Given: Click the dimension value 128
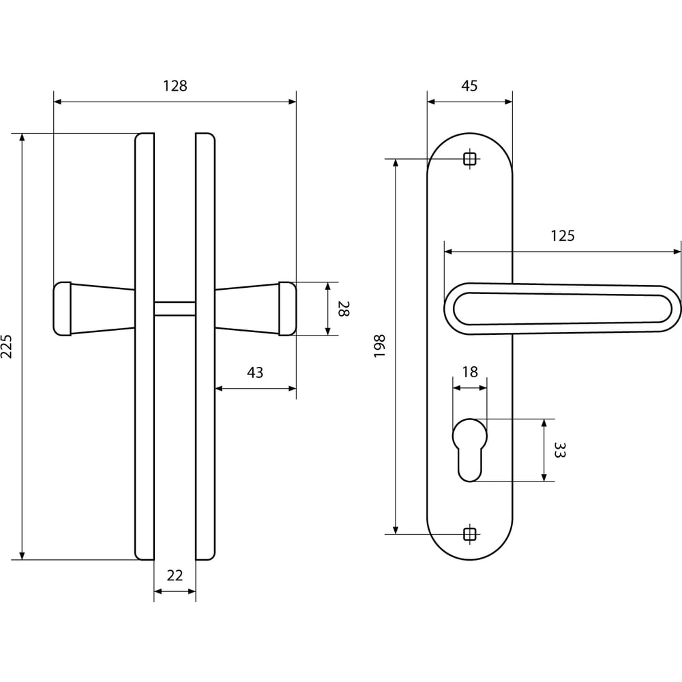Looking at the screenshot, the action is [x=175, y=86].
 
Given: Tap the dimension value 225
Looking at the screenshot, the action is [x=7, y=346].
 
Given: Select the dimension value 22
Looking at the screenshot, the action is [x=175, y=576].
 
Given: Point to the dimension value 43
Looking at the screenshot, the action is [x=255, y=372].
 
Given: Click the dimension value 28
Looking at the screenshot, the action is [x=344, y=308].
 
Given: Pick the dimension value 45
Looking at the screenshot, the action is [x=469, y=86].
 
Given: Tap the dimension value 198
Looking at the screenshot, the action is [x=379, y=346].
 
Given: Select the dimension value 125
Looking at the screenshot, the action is [x=563, y=236].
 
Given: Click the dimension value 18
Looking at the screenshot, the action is [x=470, y=372].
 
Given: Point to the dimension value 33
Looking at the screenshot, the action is [x=560, y=450].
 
